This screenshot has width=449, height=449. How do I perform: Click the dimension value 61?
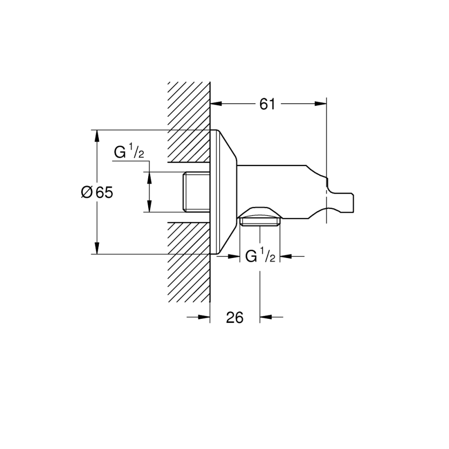click(x=267, y=104)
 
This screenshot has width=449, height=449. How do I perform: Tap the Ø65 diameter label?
click(x=97, y=192)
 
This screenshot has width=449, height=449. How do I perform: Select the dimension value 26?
click(x=234, y=317)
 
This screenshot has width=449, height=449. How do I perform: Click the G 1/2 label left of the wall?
click(x=129, y=152)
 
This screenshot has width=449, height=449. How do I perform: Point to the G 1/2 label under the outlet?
click(x=260, y=256)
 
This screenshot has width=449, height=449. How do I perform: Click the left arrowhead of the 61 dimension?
click(x=216, y=104)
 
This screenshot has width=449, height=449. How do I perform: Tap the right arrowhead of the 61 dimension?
click(x=320, y=104)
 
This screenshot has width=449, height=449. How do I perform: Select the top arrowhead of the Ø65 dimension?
click(x=97, y=136)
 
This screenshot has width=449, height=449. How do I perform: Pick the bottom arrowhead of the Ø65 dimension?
click(x=97, y=248)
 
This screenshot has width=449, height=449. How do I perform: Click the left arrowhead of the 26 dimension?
click(x=204, y=317)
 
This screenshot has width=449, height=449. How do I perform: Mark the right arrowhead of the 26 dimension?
click(x=266, y=317)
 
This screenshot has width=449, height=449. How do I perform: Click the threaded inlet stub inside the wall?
click(x=197, y=192)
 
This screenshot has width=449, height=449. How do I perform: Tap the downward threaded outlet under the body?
click(x=260, y=222)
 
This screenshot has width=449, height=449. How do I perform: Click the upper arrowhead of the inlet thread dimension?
click(x=149, y=178)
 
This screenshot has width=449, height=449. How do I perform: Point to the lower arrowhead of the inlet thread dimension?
click(x=149, y=206)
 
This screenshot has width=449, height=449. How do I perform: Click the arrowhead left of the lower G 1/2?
click(x=233, y=256)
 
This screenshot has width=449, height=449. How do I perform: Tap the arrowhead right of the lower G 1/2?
click(x=286, y=256)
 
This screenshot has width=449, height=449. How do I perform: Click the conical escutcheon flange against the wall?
click(x=224, y=192)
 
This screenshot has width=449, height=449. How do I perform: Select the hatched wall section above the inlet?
click(x=189, y=122)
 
